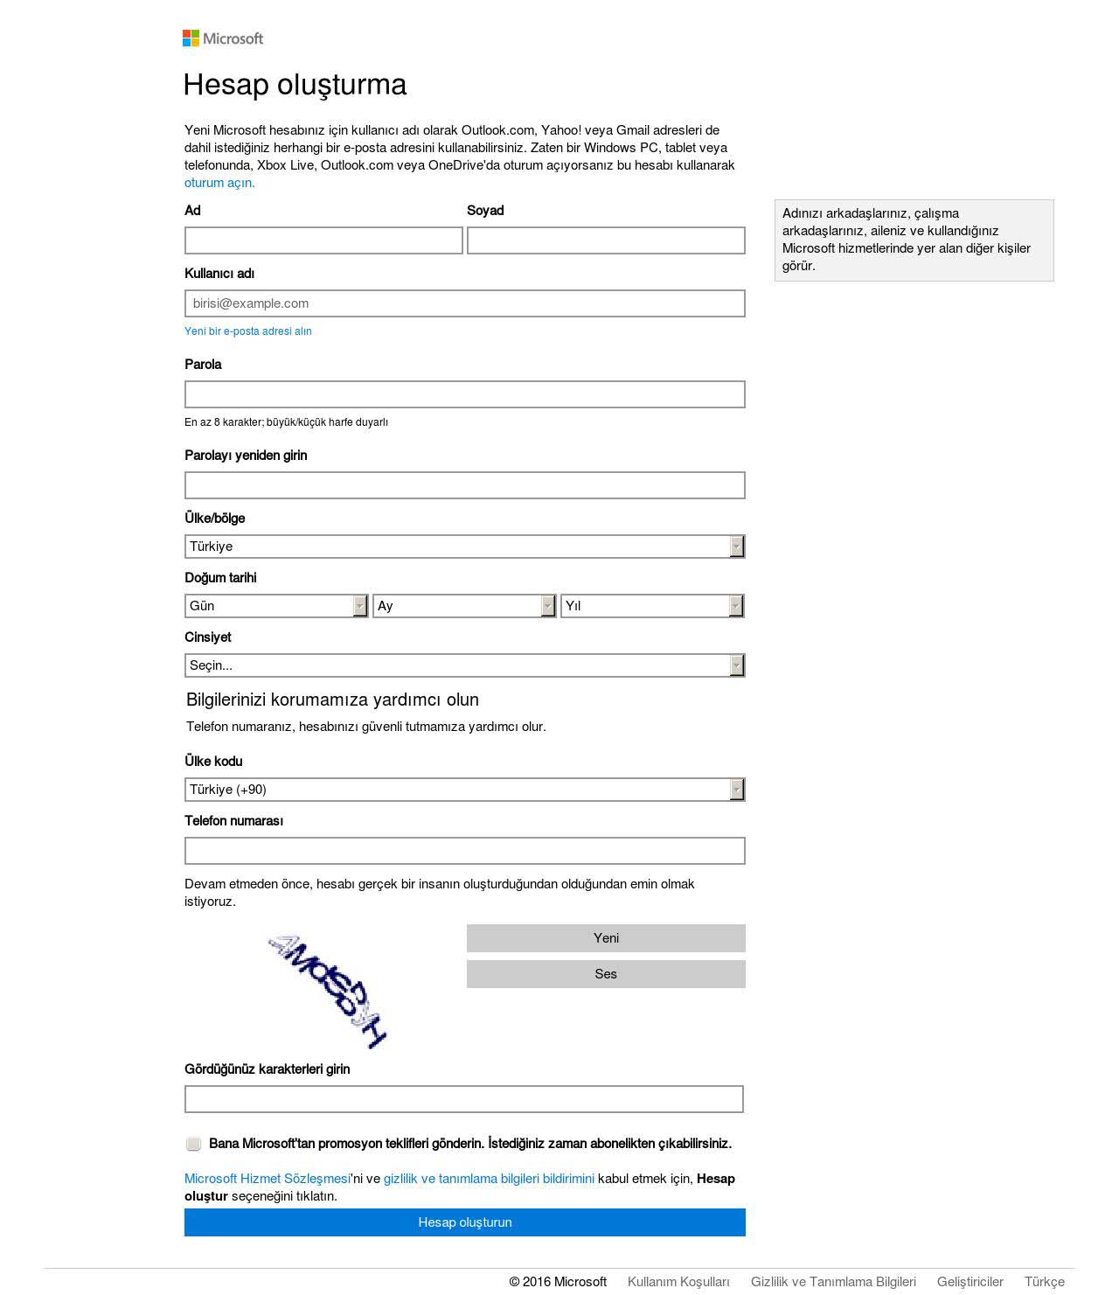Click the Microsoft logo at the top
(223, 38)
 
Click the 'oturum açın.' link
(219, 183)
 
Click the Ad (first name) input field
(323, 240)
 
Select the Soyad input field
(606, 240)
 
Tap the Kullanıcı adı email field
(464, 303)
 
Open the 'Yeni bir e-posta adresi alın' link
(248, 331)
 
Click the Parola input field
(464, 394)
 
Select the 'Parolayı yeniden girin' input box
(464, 485)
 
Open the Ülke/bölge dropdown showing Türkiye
(464, 547)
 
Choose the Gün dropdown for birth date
(276, 606)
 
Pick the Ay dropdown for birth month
(464, 606)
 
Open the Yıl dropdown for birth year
(652, 606)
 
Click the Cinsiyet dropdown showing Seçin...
(464, 665)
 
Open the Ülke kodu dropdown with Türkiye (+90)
(464, 790)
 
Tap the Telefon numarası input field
(464, 851)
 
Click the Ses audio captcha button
(606, 974)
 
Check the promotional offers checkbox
(193, 1144)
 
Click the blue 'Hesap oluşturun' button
(464, 1222)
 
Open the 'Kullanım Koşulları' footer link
(678, 1282)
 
